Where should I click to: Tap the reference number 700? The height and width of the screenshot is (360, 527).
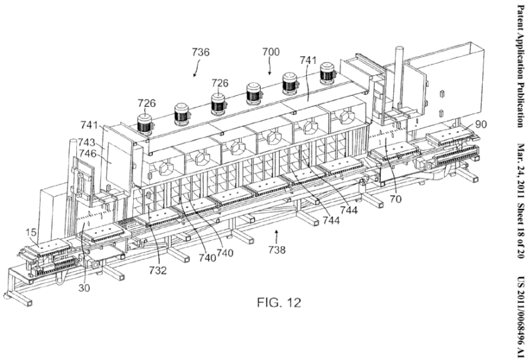tap(270, 51)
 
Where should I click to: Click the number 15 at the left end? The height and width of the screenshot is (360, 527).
tap(31, 233)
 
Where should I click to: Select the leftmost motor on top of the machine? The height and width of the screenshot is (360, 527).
tap(144, 123)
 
